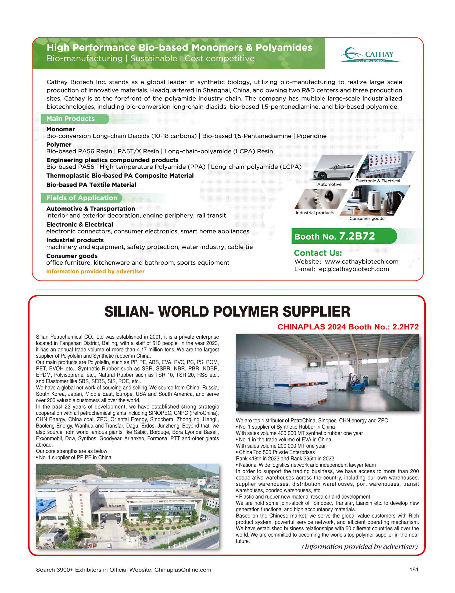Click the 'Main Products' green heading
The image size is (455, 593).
click(70, 119)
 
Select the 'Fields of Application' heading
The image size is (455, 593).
click(81, 198)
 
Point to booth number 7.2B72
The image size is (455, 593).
click(357, 236)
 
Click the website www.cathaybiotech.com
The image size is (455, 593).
click(361, 261)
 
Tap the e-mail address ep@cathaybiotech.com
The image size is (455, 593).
click(354, 269)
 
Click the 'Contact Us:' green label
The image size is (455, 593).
click(318, 253)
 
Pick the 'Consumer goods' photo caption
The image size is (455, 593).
click(366, 218)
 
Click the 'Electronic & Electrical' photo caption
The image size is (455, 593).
click(378, 181)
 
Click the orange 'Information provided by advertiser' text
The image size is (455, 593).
click(95, 271)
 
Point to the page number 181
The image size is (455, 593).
click(414, 569)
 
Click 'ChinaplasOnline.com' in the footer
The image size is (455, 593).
click(182, 570)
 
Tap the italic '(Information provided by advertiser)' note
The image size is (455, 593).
click(360, 546)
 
